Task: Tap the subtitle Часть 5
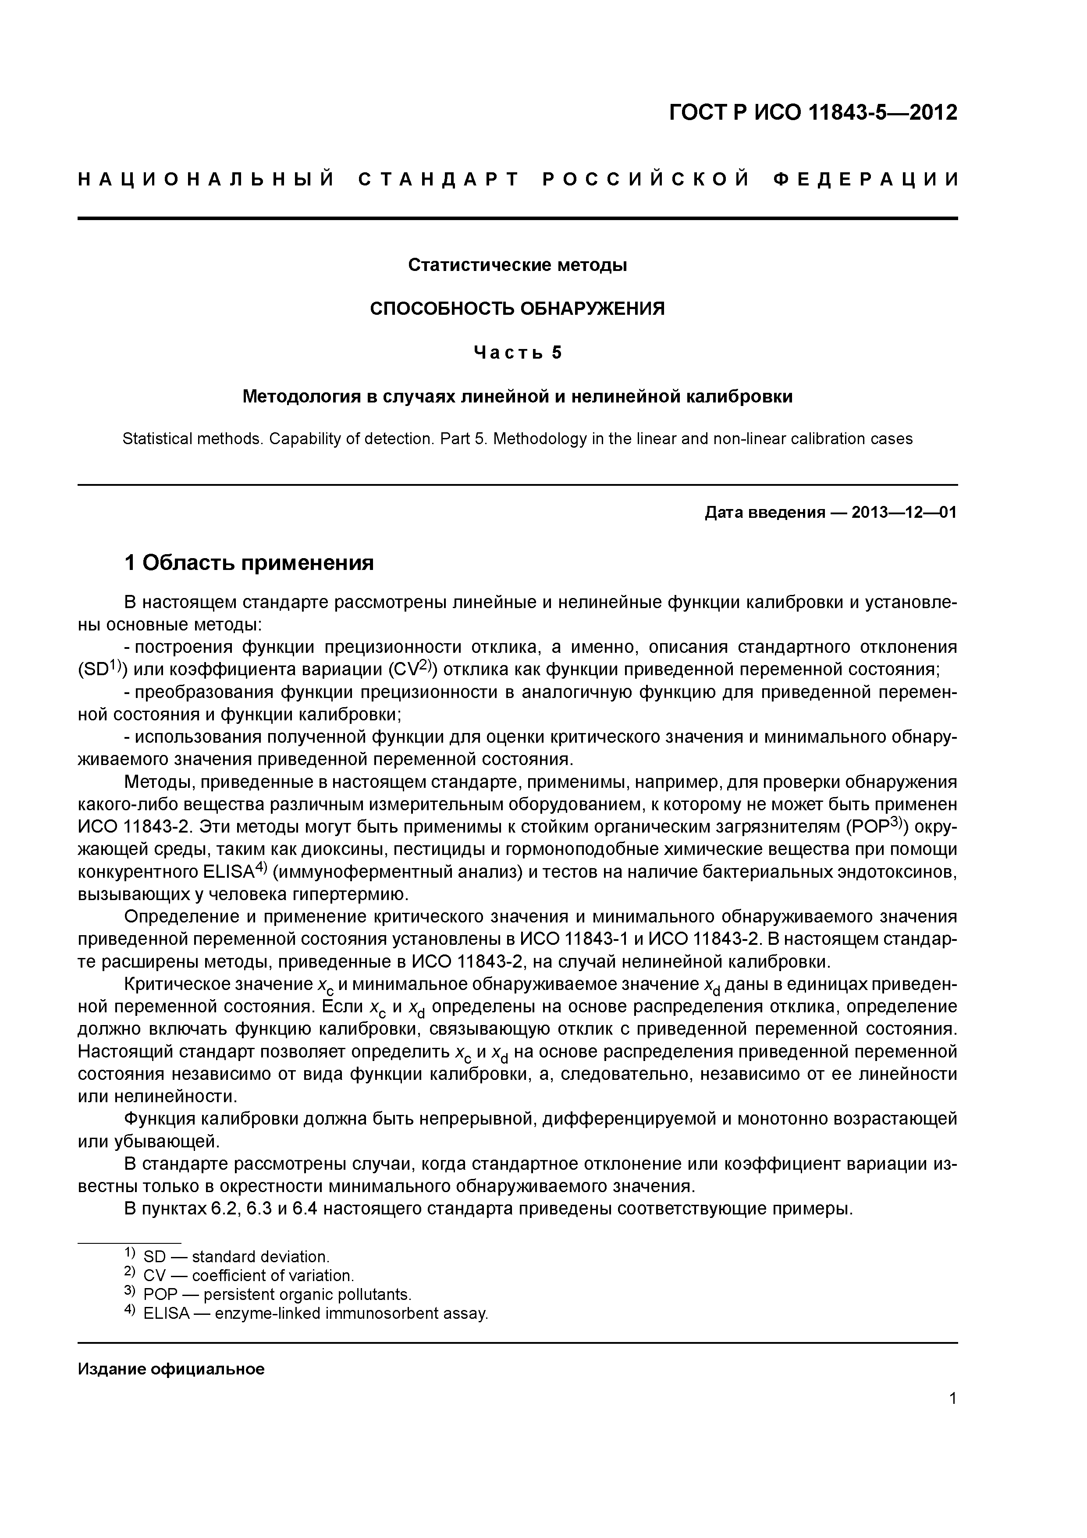coord(517,352)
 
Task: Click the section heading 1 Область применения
coord(249,563)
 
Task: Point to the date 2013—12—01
coord(904,513)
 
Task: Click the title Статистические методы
coord(517,265)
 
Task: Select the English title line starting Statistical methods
coord(517,439)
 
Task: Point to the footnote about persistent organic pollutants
coord(268,1294)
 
